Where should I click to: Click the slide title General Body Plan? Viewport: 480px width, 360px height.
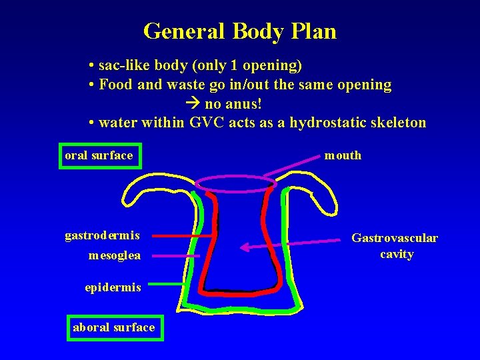coord(240,31)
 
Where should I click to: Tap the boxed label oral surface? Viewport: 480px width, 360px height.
coord(99,156)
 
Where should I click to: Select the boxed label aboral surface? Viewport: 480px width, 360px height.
coord(114,327)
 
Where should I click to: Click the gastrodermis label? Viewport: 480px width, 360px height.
coord(102,235)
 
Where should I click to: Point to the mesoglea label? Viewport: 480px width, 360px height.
coord(114,255)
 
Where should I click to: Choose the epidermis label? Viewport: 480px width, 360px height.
coord(113,287)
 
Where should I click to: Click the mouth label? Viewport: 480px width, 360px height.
coord(343,156)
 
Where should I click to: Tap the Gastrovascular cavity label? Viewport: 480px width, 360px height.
coord(395,246)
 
